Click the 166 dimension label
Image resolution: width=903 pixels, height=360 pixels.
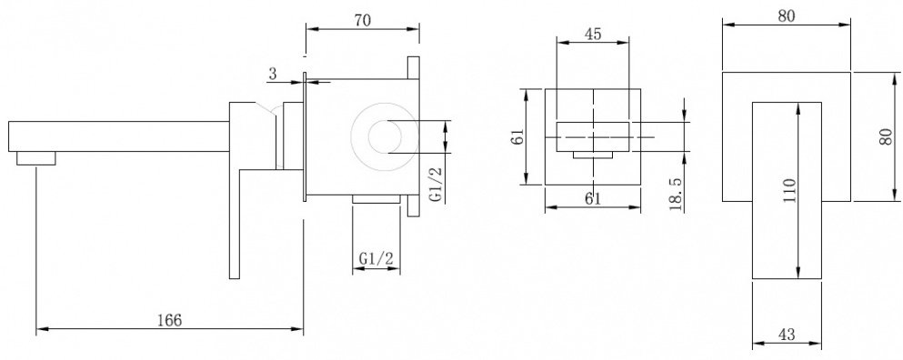click(169, 320)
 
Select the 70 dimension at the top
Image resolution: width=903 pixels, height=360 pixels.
click(362, 20)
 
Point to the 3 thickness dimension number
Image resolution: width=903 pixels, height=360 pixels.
click(273, 74)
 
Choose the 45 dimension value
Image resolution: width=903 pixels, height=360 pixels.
click(593, 34)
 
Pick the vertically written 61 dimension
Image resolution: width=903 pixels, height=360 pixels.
click(517, 137)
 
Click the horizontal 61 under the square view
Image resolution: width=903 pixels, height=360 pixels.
click(593, 199)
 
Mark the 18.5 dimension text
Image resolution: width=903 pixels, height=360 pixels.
click(676, 193)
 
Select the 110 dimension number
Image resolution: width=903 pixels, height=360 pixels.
click(789, 190)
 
